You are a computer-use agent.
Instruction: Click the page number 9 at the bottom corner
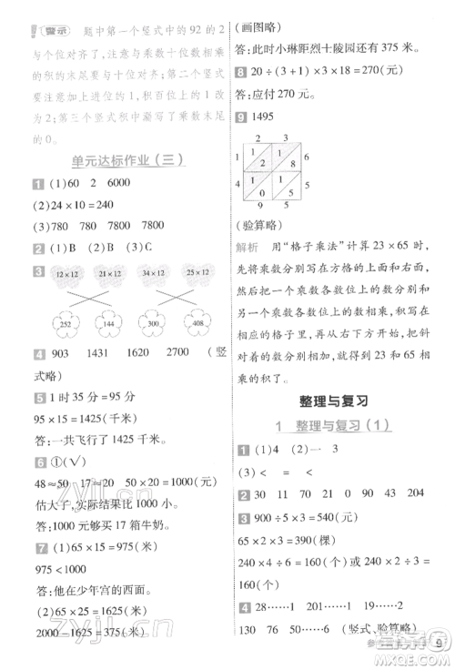pos(439,649)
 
